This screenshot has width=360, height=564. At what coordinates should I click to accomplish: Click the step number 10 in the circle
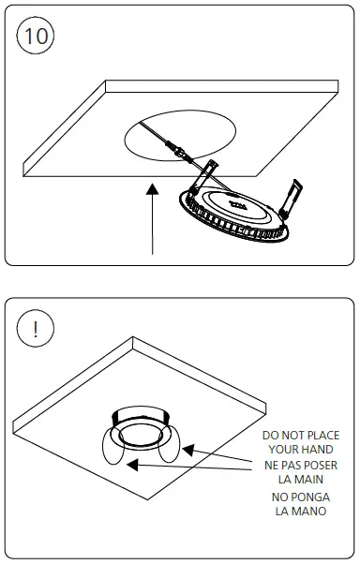(37, 37)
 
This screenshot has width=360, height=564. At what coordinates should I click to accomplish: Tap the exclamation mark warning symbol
(37, 329)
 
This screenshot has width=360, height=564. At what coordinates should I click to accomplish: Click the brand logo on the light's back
(236, 200)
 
